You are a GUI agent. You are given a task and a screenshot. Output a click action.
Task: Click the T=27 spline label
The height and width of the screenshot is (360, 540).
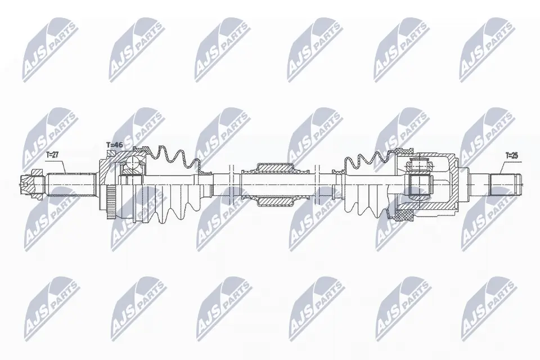click(x=52, y=154)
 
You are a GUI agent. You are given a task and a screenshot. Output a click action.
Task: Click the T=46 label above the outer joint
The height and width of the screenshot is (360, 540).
click(x=115, y=145)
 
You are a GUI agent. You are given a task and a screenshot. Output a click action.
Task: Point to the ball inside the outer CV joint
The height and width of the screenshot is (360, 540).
click(x=132, y=164)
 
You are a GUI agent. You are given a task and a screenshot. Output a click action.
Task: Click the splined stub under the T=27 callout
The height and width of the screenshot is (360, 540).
click(x=70, y=183)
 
